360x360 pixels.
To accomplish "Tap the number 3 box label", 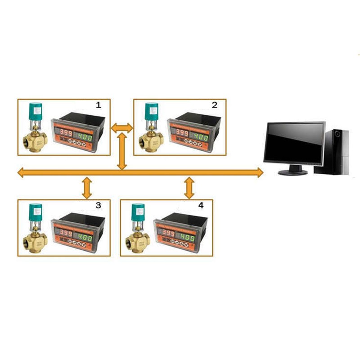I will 99,205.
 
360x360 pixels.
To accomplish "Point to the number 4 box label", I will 201,205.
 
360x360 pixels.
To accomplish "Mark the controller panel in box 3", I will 79,232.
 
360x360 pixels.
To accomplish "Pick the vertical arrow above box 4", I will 189,188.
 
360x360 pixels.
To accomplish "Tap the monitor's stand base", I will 292,172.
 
